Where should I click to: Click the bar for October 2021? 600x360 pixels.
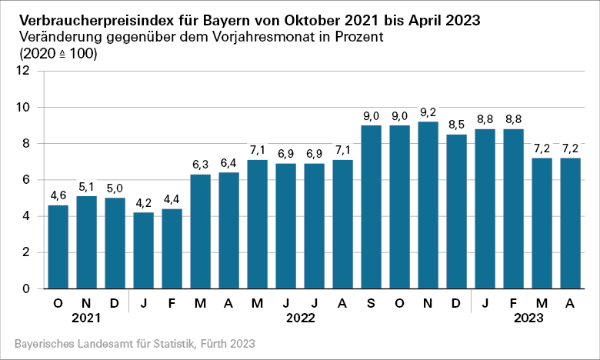click(x=58, y=246)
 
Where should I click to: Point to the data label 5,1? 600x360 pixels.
click(x=86, y=187)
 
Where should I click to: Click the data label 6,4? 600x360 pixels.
click(x=228, y=163)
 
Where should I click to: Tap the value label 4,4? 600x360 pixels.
click(x=172, y=199)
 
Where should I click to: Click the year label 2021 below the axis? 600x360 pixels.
click(x=85, y=318)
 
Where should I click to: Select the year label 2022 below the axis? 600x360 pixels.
click(x=300, y=318)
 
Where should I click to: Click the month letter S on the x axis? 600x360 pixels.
click(x=371, y=303)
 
